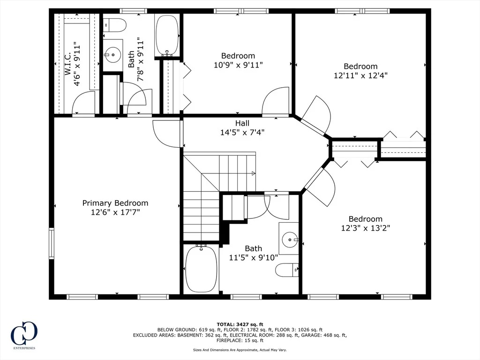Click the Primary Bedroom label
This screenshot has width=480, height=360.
115,203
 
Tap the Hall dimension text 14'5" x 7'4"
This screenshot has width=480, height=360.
242,132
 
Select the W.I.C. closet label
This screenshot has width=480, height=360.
67,64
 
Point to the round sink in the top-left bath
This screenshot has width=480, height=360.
112,55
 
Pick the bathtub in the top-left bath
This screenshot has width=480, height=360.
167,35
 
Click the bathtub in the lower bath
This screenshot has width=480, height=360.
201,269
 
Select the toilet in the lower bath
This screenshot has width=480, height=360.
287,270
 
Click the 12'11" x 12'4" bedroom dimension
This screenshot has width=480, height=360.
360,75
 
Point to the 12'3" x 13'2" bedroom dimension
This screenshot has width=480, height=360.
366,228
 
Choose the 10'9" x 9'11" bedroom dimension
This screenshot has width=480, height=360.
238,65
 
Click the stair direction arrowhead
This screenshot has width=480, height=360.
254,173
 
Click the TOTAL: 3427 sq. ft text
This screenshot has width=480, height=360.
240,324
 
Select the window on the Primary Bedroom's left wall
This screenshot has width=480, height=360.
52,244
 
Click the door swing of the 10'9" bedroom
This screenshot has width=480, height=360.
275,100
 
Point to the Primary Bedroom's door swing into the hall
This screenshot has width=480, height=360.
165,134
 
